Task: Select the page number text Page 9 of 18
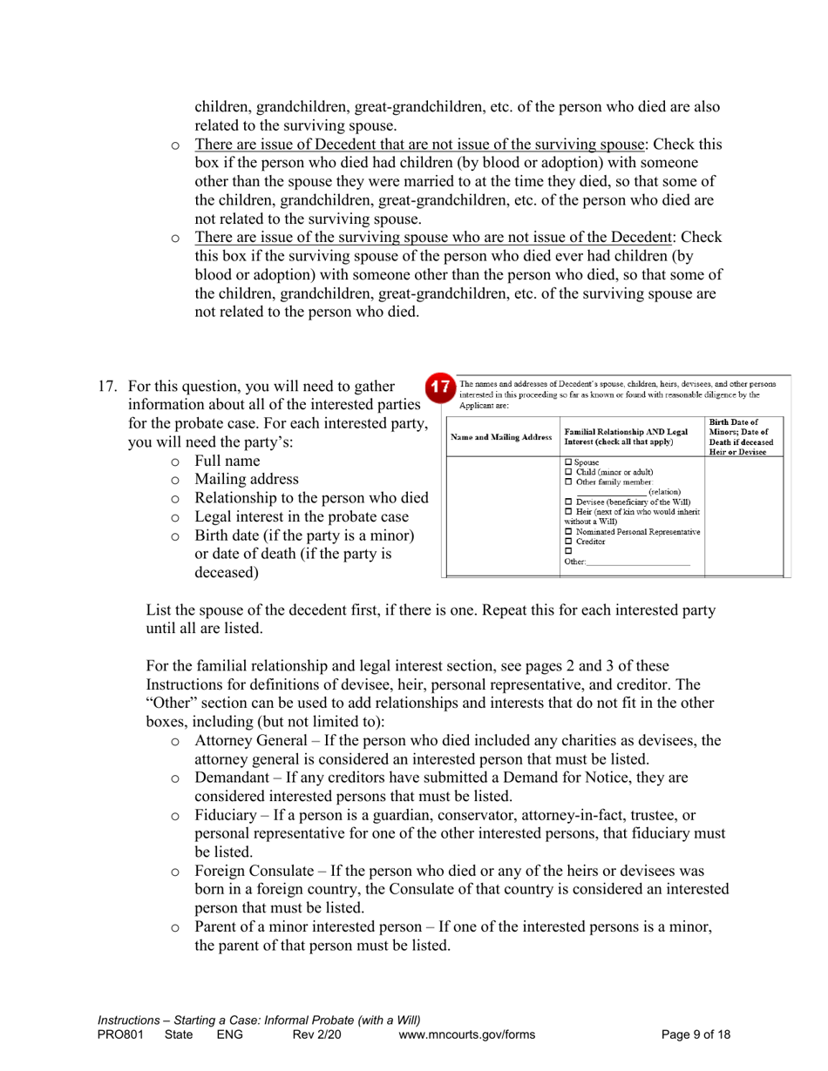(695, 1034)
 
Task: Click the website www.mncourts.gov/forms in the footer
(466, 1034)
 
